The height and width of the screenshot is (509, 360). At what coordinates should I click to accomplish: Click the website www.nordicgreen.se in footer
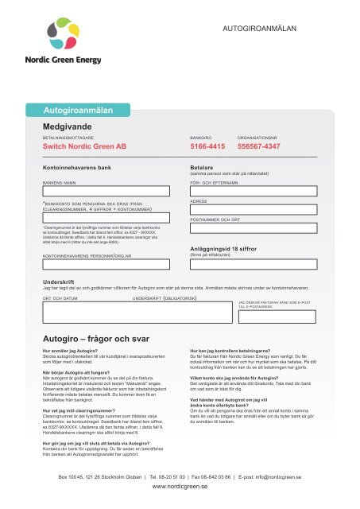click(x=180, y=492)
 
